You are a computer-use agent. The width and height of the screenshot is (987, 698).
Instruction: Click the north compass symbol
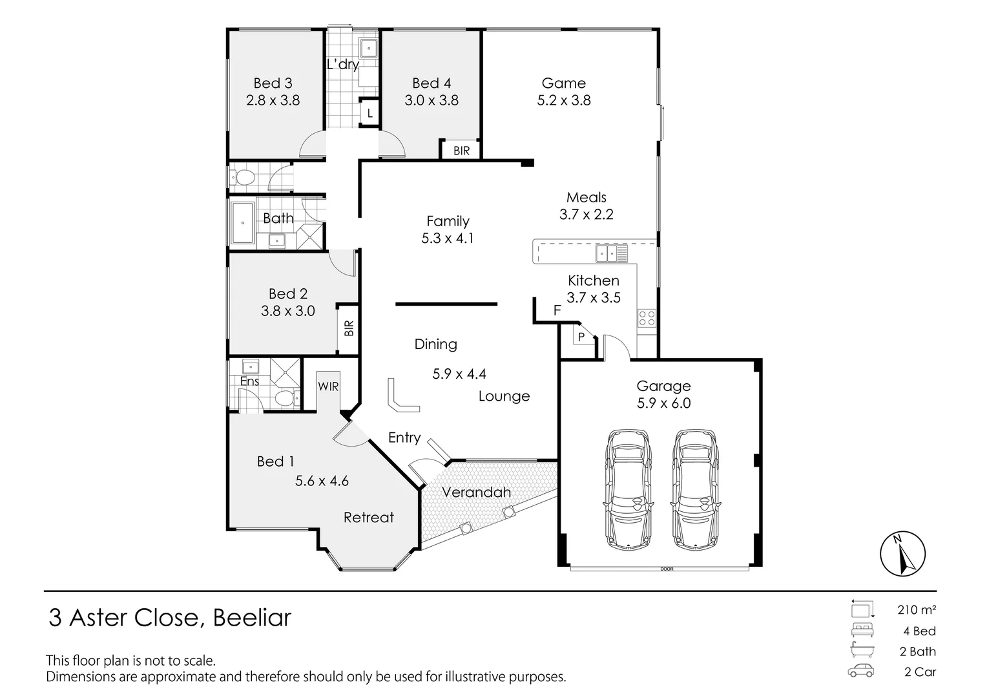(x=902, y=554)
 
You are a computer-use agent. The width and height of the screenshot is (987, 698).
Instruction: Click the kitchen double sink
(x=611, y=253)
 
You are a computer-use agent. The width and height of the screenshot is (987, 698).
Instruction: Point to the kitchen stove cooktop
(x=647, y=317)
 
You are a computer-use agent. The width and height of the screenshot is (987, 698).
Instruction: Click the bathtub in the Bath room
(x=243, y=223)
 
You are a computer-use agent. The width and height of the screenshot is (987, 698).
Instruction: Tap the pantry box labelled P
(x=581, y=337)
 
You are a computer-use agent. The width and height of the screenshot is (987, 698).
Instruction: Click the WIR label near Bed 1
(x=328, y=386)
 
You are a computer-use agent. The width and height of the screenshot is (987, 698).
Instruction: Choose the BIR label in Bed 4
(x=461, y=151)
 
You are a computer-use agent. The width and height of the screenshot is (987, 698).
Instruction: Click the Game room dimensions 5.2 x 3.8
(x=563, y=100)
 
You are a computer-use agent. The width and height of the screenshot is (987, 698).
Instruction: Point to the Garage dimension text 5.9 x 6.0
(x=663, y=403)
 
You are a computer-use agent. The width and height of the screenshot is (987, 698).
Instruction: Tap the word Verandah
(x=476, y=492)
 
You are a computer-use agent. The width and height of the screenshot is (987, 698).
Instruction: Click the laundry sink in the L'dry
(x=368, y=48)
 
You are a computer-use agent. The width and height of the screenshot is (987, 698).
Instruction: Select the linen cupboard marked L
(x=369, y=113)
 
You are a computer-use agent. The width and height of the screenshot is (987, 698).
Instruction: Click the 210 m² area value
(x=917, y=609)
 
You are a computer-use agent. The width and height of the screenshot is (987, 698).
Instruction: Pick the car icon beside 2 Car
(x=861, y=671)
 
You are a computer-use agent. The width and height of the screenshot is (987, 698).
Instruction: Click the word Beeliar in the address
(x=252, y=618)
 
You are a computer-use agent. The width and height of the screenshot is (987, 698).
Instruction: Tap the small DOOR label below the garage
(x=667, y=569)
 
